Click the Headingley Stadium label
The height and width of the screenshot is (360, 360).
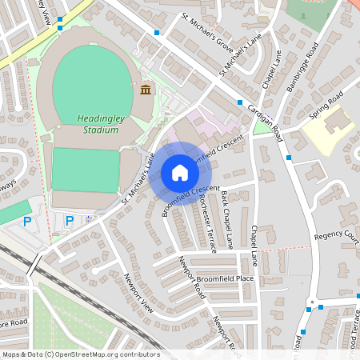click(x=99, y=124)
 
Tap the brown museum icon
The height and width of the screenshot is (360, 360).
click(x=145, y=89)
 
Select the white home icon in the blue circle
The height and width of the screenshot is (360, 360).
click(x=179, y=173)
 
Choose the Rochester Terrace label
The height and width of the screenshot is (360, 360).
click(x=207, y=224)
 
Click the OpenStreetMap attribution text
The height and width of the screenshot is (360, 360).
click(x=81, y=354)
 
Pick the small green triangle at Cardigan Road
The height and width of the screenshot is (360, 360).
click(x=262, y=126)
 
